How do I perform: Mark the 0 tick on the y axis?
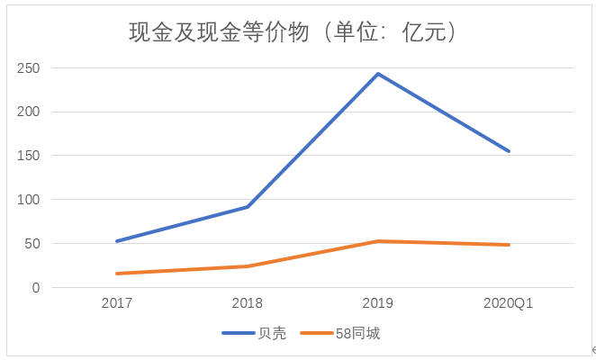coord(36,288)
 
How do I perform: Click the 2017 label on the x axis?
coord(117,304)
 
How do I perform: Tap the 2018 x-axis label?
coord(248,304)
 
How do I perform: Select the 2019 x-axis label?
coord(378,304)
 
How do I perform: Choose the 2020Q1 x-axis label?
coord(509,304)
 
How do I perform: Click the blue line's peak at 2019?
coord(378,74)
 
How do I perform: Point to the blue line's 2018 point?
coord(248,207)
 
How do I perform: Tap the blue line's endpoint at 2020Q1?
coord(509,151)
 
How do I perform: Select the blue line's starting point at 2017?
coord(117,241)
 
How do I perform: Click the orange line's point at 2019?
coord(378,241)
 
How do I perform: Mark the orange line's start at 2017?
coord(117,274)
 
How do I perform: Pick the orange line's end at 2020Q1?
coord(509,245)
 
